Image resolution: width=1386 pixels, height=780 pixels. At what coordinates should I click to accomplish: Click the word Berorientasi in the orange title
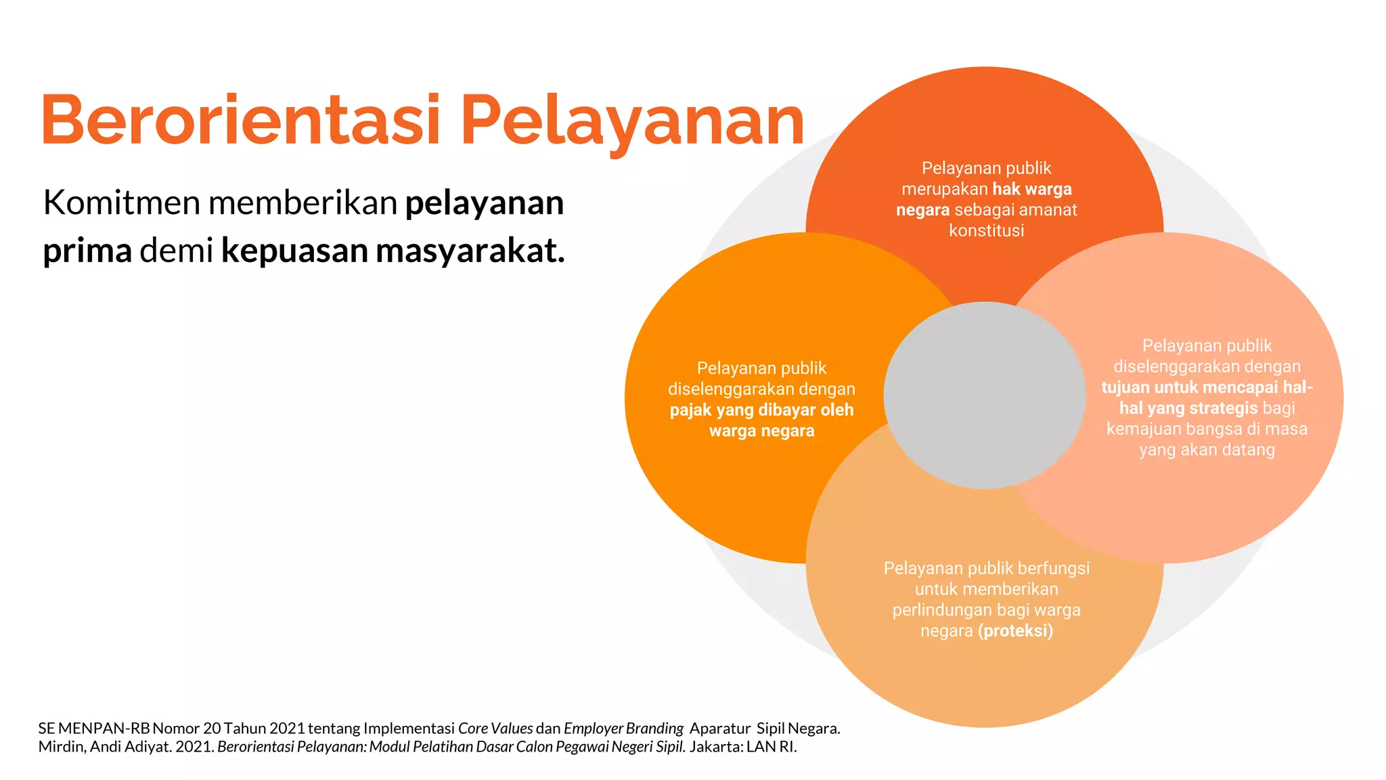point(240,121)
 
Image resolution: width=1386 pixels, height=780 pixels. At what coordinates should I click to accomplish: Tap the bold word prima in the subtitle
point(87,251)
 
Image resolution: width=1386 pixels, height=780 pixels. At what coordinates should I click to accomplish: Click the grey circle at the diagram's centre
point(985,395)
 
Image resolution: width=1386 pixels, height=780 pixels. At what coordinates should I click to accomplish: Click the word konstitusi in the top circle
point(986,231)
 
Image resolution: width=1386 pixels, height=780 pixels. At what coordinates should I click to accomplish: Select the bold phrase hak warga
point(1032,189)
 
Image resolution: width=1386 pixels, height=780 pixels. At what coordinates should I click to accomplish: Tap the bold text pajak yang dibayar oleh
point(761,410)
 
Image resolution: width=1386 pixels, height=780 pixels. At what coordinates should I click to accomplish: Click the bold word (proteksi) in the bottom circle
point(1015,631)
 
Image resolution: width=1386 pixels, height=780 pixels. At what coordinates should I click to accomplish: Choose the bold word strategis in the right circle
point(1224,408)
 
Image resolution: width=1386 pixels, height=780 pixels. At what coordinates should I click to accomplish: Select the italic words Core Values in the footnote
point(495,729)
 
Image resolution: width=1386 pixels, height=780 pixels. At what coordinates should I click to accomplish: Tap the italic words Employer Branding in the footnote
point(623,729)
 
